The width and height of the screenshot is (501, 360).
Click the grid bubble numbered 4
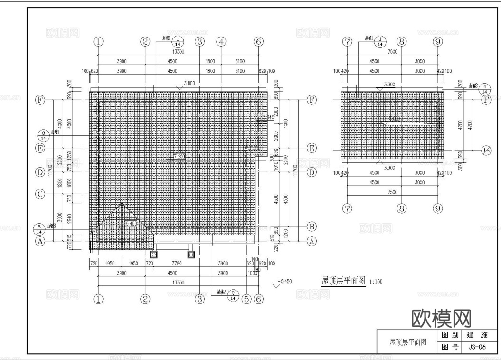pos(221,41)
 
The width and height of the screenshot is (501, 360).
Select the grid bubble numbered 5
pos(246,299)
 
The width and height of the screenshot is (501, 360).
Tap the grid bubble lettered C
pos(41,194)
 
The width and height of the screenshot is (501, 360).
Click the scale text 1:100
pos(376,282)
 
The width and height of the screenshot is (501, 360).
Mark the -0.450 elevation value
pos(285,281)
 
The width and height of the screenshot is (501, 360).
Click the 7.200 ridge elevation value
pos(180,156)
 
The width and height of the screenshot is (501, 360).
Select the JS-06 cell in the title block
pos(477,347)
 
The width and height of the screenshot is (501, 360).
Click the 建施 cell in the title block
pos(477,335)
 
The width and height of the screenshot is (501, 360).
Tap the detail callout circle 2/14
pos(233,295)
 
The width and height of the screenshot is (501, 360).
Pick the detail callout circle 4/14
pos(484,89)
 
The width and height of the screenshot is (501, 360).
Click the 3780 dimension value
pos(176,263)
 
